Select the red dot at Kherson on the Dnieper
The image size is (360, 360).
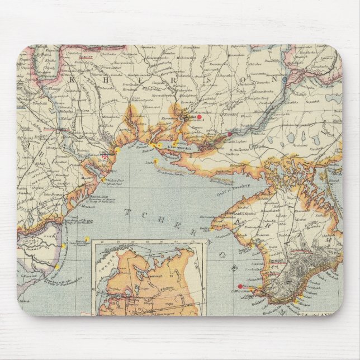tap(229, 134)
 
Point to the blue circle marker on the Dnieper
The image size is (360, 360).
tap(286, 80)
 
